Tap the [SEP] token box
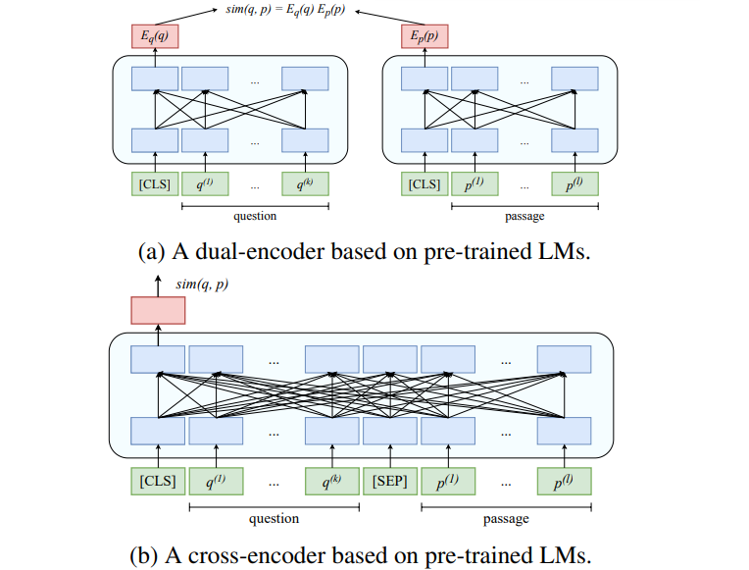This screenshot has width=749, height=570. [x=389, y=481]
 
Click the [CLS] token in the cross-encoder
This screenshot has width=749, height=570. [x=157, y=481]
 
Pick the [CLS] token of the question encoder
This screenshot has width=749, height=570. [x=155, y=183]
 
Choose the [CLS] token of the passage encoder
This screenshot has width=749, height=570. [x=424, y=183]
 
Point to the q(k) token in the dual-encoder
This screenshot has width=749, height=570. [x=305, y=183]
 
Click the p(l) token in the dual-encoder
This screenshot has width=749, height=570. [x=574, y=183]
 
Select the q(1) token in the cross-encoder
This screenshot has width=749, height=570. [x=216, y=481]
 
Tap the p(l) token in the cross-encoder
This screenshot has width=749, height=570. [x=564, y=481]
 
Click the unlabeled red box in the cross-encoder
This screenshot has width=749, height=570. [x=157, y=310]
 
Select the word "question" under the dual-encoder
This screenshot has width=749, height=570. [x=254, y=216]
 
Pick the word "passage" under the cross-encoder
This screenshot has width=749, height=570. [x=506, y=517]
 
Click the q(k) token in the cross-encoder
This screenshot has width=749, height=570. [x=331, y=481]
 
